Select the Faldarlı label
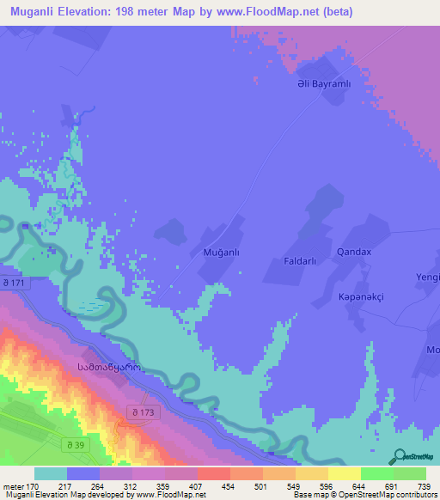pos(301,259)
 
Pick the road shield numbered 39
pos(77,444)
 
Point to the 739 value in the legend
pos(423,485)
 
